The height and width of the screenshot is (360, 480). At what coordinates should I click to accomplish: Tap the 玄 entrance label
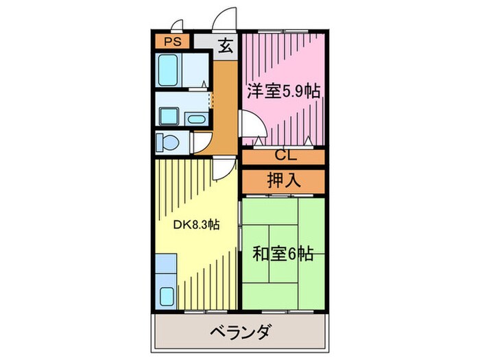[224, 47]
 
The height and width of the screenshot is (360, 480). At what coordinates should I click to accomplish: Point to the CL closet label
[282, 156]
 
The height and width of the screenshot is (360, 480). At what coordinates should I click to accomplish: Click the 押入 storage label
[283, 180]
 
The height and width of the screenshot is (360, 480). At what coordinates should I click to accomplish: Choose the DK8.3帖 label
[195, 224]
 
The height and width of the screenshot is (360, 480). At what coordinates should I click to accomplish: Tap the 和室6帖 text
[283, 254]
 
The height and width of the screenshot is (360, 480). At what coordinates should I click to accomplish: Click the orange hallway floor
[223, 103]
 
